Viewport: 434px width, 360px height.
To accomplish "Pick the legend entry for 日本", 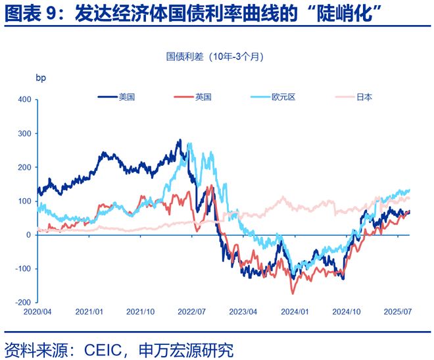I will (x=364, y=97).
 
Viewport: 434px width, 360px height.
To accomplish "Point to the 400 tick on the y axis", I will (x=24, y=100).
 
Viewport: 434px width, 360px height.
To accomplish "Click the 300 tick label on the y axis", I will (x=24, y=134).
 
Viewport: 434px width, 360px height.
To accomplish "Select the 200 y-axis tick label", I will (x=24, y=167).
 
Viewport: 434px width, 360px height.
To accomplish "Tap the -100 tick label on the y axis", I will (x=23, y=269).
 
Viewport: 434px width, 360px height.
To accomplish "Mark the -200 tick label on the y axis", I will (x=23, y=302).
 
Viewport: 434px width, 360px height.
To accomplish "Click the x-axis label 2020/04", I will (x=37, y=311).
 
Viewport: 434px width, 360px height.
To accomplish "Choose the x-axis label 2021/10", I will (x=141, y=311).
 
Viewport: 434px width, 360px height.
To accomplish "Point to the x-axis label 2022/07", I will (x=193, y=311).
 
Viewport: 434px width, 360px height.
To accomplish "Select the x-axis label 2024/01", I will (x=296, y=311).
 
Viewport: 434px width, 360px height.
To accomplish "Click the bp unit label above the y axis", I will (x=41, y=78).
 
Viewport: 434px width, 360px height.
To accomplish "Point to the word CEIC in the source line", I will (x=104, y=349).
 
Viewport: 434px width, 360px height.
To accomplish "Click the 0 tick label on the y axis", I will (x=29, y=235).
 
